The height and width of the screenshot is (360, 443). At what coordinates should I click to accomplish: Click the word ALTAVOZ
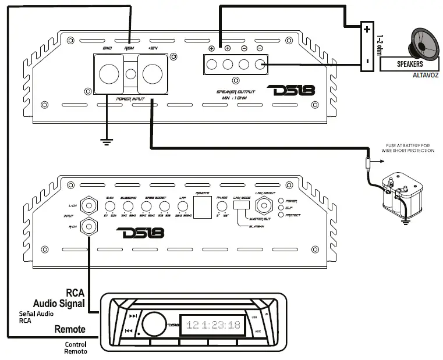(x=425, y=76)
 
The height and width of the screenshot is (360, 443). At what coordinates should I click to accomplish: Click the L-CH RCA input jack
(x=88, y=205)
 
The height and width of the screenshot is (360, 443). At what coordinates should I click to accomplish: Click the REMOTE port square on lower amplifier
(x=201, y=207)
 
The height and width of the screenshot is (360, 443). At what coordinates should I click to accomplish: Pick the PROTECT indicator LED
(x=281, y=215)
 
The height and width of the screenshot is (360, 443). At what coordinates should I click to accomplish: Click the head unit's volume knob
(x=151, y=323)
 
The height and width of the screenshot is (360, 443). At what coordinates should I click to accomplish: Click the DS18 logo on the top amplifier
(x=290, y=91)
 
